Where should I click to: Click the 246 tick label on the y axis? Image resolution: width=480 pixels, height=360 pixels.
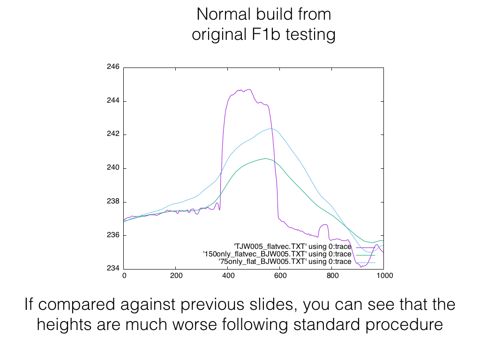(113, 67)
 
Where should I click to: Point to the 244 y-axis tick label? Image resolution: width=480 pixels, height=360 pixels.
(113, 101)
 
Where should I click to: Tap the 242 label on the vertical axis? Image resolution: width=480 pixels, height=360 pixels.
(113, 135)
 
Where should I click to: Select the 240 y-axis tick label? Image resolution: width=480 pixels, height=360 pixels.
(113, 168)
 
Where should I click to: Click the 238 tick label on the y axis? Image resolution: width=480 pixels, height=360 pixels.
(113, 202)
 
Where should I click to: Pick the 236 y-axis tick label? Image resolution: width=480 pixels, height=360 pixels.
(113, 235)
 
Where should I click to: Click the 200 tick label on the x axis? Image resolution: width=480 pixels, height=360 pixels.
(176, 276)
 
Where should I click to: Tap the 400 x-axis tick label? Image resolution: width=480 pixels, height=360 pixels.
(228, 276)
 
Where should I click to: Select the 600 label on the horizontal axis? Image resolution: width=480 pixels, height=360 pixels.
(280, 276)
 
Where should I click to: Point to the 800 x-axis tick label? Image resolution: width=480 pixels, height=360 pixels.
(332, 276)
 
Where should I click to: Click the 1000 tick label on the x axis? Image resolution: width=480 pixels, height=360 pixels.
(384, 276)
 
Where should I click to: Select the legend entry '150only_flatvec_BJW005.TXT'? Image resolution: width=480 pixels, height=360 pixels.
(277, 254)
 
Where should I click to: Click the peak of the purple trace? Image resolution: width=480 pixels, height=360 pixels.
(250, 89)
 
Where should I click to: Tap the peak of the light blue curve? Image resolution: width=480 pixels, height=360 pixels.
(270, 128)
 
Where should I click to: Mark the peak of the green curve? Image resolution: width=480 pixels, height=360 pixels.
(265, 158)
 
